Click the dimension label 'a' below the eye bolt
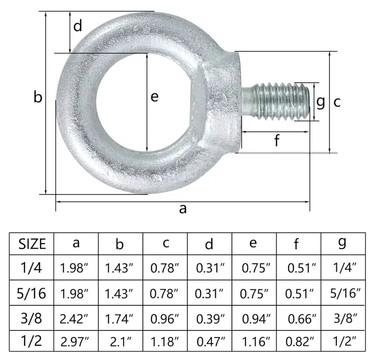point(183,209)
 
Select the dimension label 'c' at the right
point(337,102)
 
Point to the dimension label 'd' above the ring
point(77,27)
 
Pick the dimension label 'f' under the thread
point(276,141)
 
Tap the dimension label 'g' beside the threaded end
point(321,102)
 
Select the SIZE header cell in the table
point(32,244)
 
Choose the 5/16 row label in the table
point(32,293)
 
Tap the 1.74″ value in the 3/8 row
point(119,318)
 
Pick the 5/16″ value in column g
point(343,293)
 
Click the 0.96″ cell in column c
point(165,318)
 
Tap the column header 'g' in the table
point(342,243)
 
